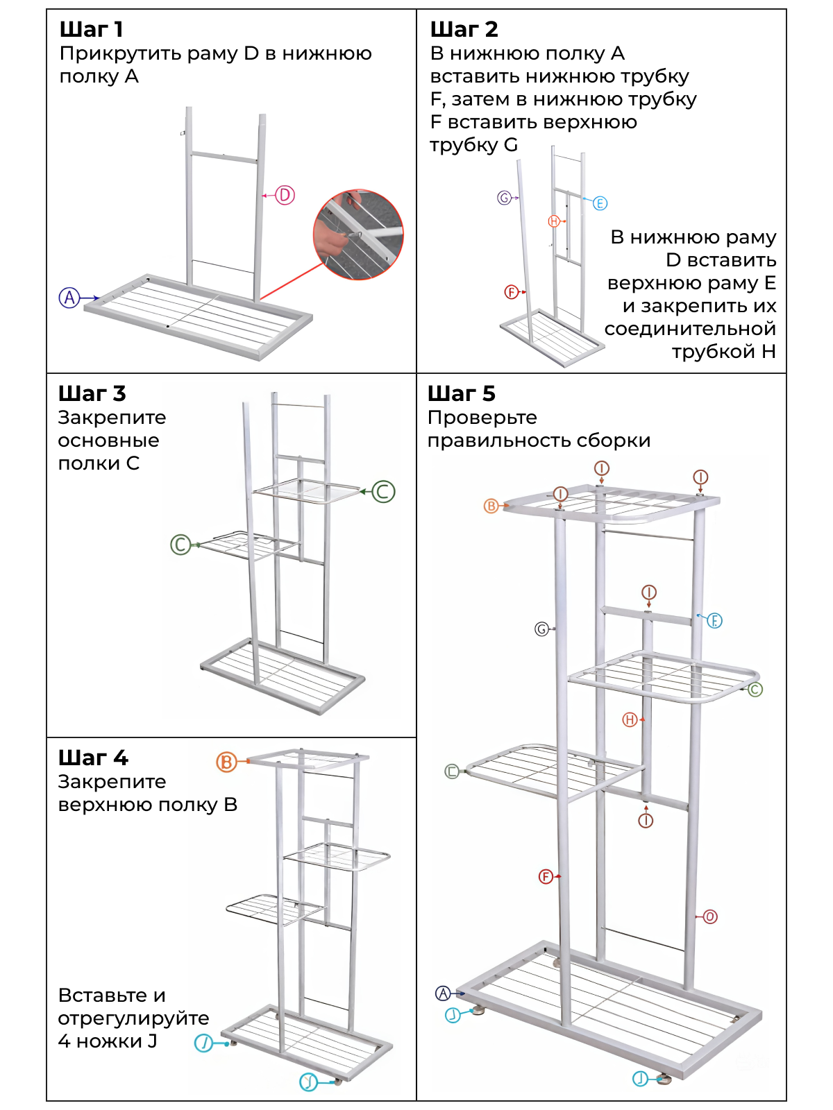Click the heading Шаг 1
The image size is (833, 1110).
(x=92, y=29)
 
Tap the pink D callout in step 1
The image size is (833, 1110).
(x=285, y=196)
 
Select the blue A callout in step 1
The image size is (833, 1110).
(x=69, y=298)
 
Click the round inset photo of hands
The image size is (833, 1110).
(x=358, y=234)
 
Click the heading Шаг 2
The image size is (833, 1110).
(x=464, y=29)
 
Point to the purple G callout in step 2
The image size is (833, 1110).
(x=505, y=198)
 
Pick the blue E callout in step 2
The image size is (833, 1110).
(x=600, y=203)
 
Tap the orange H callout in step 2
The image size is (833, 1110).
(x=554, y=221)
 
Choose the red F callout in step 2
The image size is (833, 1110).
(x=511, y=292)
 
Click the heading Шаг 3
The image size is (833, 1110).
(x=92, y=393)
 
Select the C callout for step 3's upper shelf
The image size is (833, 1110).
(x=383, y=492)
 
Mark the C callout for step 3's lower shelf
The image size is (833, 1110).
(x=180, y=545)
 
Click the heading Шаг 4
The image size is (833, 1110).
(x=93, y=758)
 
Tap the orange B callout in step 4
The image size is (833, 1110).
(x=226, y=762)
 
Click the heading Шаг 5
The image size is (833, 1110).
(x=461, y=393)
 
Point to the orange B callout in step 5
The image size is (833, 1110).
(x=491, y=506)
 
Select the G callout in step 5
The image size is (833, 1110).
(x=541, y=629)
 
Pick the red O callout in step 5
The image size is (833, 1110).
(x=709, y=917)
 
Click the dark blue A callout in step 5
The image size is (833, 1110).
(x=443, y=993)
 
